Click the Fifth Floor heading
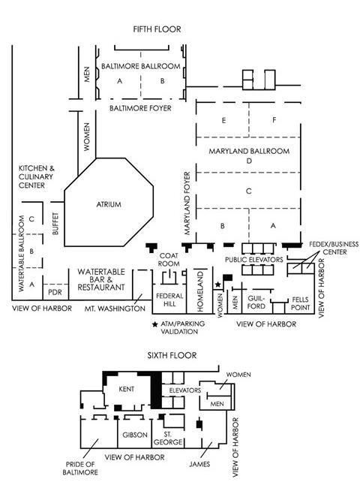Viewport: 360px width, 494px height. [x=157, y=29]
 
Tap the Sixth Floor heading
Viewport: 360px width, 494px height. [x=172, y=355]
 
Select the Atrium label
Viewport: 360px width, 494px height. [x=109, y=204]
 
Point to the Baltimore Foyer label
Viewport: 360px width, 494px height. [x=140, y=108]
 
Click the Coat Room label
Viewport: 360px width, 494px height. [x=169, y=260]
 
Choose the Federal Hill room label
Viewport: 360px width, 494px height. [x=169, y=300]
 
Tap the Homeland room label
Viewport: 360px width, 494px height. [x=200, y=292]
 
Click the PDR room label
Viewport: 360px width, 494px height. [x=55, y=292]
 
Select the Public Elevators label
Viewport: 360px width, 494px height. [x=254, y=260]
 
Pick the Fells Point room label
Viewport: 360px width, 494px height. [x=300, y=303]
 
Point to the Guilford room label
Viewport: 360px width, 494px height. [x=256, y=302]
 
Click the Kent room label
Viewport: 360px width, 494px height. [x=127, y=389]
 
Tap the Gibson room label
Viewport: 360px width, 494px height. [x=135, y=435]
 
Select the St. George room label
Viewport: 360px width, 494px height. [x=168, y=438]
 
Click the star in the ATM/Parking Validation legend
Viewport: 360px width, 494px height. [x=154, y=324]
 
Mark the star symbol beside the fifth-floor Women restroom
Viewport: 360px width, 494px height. [x=217, y=285]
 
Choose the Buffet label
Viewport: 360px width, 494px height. [x=55, y=224]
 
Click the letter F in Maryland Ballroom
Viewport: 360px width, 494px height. [x=274, y=120]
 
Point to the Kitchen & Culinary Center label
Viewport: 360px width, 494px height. [x=36, y=176]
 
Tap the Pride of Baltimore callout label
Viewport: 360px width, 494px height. [x=80, y=468]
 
